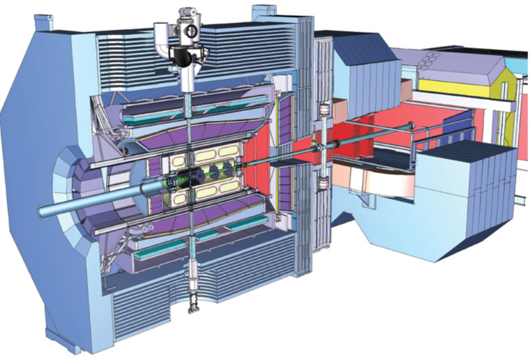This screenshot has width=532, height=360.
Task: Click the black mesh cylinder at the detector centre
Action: (190, 177)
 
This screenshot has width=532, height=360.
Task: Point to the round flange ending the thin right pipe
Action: (414, 127)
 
